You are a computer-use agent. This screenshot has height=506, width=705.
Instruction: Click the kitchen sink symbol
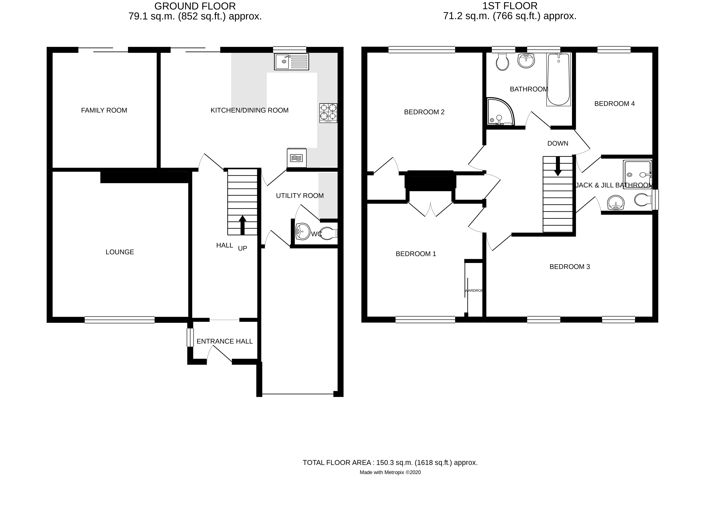pos(291,62)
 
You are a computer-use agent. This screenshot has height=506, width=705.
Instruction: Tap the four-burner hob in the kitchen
pos(328,112)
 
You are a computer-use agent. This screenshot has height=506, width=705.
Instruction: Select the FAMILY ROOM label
pos(104,110)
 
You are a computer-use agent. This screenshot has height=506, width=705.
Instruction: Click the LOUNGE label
pos(120,252)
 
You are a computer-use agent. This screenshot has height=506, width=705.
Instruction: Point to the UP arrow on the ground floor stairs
pos(242,225)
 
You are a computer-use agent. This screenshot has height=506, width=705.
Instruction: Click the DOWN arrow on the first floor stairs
pos(558,166)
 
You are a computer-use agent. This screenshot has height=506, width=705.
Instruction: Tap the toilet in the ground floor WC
pos(328,233)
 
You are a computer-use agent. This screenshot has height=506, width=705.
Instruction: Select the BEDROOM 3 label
pos(570,267)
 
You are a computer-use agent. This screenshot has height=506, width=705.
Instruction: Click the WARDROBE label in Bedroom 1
pos(473,290)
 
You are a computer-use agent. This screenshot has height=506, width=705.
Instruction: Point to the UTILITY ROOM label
pos(300,196)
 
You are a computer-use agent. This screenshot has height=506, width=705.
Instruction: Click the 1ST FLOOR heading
pos(509,6)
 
